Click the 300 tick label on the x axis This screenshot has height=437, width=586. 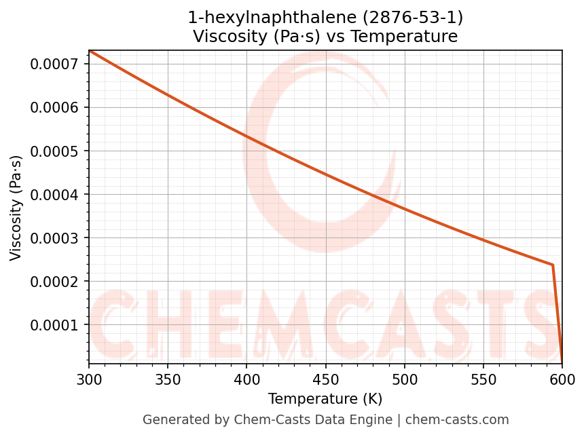pyautogui.click(x=89, y=377)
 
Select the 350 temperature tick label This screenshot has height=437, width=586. pyautogui.click(x=168, y=377)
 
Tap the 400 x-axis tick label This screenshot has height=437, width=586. pyautogui.click(x=246, y=377)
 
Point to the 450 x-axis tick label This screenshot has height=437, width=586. pyautogui.click(x=325, y=377)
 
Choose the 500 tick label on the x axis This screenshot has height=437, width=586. pyautogui.click(x=405, y=377)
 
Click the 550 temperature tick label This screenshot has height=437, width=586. pyautogui.click(x=483, y=377)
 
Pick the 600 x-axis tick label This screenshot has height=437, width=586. pyautogui.click(x=562, y=377)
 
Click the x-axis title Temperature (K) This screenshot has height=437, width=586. pyautogui.click(x=325, y=398)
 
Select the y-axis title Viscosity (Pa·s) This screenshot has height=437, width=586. pyautogui.click(x=16, y=208)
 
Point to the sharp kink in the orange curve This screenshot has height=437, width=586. pyautogui.click(x=553, y=265)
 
